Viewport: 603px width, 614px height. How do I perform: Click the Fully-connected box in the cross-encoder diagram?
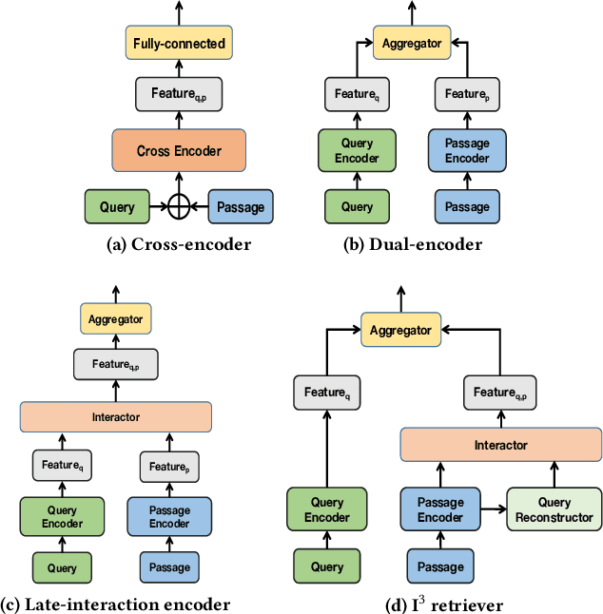click(179, 43)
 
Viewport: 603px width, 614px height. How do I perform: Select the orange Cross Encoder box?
click(179, 150)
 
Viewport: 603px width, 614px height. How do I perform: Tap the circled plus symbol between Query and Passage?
click(179, 206)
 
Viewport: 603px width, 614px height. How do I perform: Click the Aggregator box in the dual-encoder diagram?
click(412, 43)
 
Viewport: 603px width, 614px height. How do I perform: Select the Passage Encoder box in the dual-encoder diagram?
click(467, 150)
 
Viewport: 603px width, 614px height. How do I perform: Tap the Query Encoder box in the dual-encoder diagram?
click(357, 150)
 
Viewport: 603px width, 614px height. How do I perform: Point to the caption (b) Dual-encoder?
click(412, 244)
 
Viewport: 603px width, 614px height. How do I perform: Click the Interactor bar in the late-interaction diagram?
click(115, 416)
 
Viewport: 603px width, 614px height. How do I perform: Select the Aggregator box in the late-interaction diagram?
click(115, 319)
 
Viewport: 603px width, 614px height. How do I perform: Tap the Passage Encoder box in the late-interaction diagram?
click(169, 516)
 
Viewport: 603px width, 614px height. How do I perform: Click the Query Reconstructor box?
click(554, 509)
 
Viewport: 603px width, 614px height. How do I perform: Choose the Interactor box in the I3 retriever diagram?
click(500, 445)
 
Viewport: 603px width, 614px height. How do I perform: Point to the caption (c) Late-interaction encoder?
click(115, 604)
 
